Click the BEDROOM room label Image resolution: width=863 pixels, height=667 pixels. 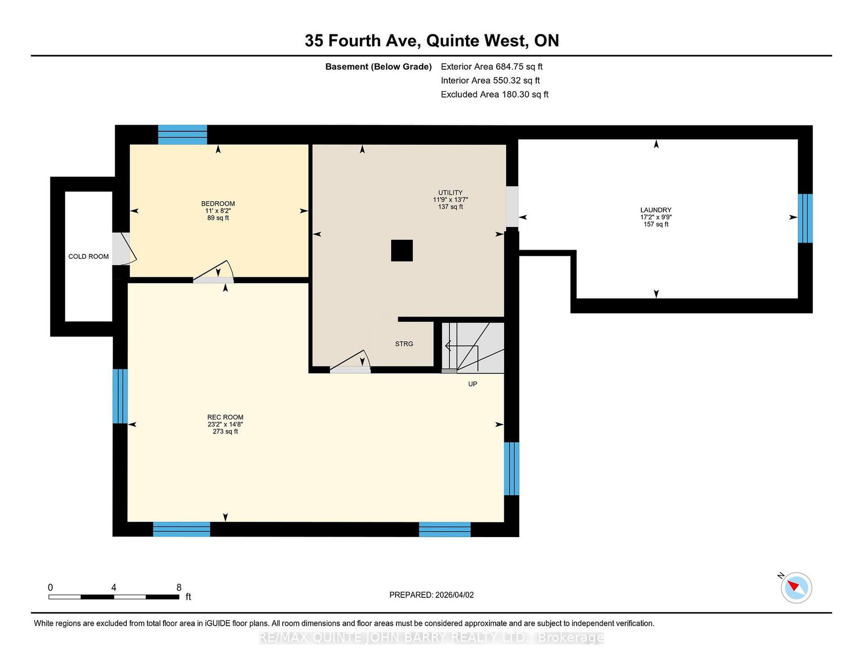click(x=217, y=204)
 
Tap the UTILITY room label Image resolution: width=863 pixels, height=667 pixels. click(x=450, y=192)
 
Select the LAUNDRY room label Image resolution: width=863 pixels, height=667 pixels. click(x=656, y=210)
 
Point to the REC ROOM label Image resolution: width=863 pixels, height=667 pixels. click(x=225, y=417)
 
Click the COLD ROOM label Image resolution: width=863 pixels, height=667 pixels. click(x=88, y=257)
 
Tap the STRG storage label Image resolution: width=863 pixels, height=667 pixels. click(x=404, y=344)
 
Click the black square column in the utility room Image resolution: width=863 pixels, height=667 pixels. click(x=402, y=251)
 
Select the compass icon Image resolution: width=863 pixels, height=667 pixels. click(x=796, y=588)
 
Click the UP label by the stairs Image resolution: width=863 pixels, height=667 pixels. click(x=472, y=384)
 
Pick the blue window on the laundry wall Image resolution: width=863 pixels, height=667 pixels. click(x=805, y=218)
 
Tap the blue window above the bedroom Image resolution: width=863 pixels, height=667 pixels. click(x=183, y=135)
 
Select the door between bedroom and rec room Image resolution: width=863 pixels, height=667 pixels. click(x=213, y=272)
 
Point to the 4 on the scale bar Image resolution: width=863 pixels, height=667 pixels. click(x=114, y=587)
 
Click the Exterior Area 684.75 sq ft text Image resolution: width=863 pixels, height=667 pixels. click(x=492, y=67)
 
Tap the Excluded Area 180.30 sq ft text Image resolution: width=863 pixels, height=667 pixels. click(x=495, y=94)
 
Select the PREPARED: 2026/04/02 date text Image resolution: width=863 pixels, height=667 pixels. click(x=432, y=595)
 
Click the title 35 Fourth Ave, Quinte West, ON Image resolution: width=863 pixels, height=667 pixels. click(x=432, y=40)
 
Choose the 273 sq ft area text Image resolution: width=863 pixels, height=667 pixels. click(x=225, y=431)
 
